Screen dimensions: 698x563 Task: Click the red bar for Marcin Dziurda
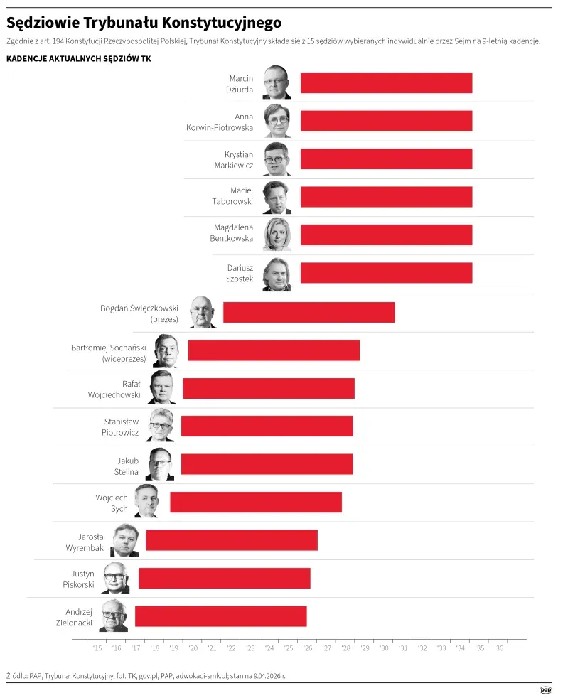tap(386, 83)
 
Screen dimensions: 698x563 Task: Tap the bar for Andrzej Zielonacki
tap(220, 616)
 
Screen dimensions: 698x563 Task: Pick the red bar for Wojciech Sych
tap(255, 503)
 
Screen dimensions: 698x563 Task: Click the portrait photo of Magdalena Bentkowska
tap(277, 235)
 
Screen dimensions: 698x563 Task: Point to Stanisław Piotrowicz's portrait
tap(160, 425)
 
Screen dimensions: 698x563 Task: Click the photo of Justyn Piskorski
tap(115, 578)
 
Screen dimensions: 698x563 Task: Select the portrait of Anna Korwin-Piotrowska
tap(277, 121)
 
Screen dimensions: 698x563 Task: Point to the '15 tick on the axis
tap(97, 648)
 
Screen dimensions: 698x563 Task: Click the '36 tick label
tap(499, 648)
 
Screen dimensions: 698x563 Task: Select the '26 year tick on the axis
tap(308, 648)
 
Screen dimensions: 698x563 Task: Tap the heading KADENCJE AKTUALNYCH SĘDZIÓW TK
tap(78, 58)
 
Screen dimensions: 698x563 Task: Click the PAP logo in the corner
tap(546, 689)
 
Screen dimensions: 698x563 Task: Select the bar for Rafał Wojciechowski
tap(268, 389)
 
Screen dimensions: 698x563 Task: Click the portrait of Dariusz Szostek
tap(277, 274)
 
